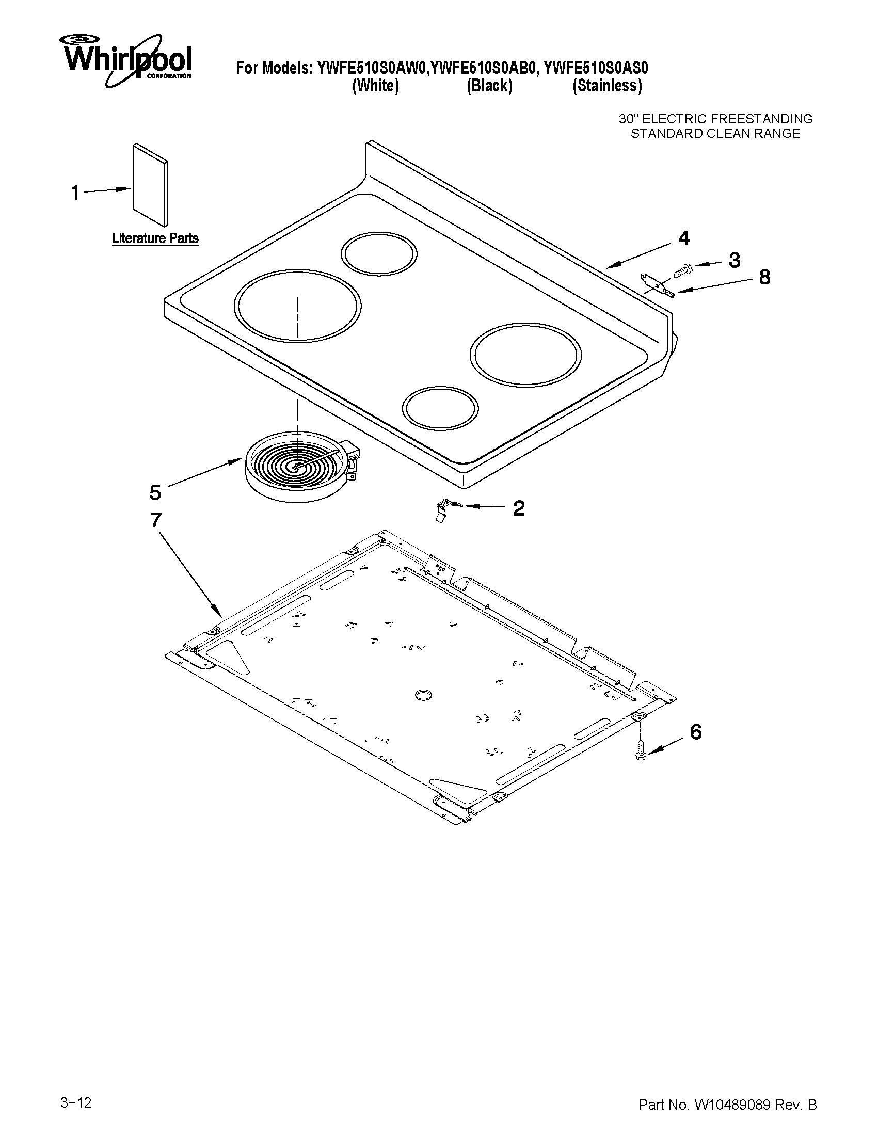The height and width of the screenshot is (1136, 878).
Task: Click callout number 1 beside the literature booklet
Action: click(75, 193)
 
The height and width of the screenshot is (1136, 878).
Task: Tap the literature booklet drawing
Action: click(150, 186)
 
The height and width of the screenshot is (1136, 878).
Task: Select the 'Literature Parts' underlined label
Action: click(155, 239)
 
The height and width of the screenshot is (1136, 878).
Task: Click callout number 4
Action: click(683, 238)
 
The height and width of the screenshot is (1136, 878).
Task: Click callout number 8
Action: click(764, 277)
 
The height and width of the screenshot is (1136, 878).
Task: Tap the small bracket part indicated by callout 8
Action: click(658, 285)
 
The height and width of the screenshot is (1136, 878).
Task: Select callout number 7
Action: click(155, 520)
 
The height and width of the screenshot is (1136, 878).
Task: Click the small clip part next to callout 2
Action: click(444, 508)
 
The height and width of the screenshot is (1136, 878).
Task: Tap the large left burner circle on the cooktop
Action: click(297, 307)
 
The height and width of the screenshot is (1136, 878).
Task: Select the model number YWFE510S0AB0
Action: click(483, 68)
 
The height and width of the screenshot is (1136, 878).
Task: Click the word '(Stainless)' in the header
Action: click(607, 86)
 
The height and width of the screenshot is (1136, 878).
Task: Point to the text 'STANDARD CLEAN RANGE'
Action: click(715, 134)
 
